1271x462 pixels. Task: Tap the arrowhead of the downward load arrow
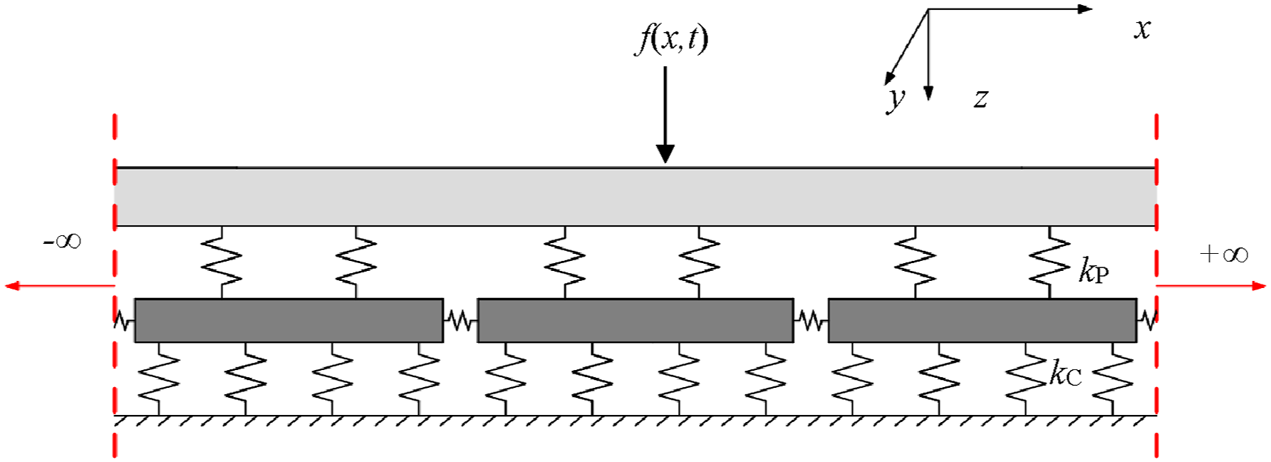tap(665, 154)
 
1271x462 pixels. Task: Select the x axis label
tap(1143, 29)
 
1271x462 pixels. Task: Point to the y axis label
tap(896, 99)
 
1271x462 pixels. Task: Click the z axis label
tap(981, 98)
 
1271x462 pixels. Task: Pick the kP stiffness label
tap(1094, 271)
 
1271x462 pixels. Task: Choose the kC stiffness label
tap(1066, 374)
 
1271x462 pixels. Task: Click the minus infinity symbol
tap(63, 241)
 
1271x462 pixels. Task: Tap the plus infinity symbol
tap(1224, 254)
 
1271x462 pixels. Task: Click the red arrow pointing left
tap(60, 286)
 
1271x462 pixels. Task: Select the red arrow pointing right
tap(1211, 286)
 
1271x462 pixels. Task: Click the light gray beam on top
tap(635, 197)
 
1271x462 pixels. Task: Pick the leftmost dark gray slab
tap(289, 321)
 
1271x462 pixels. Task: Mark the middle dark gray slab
tap(635, 321)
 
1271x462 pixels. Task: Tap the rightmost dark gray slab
tap(982, 321)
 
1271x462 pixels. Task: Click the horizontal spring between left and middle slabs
tap(460, 322)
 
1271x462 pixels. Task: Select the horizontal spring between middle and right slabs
tap(811, 322)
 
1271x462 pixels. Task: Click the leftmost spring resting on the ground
tap(159, 379)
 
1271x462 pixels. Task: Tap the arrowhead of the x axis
tap(1085, 9)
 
